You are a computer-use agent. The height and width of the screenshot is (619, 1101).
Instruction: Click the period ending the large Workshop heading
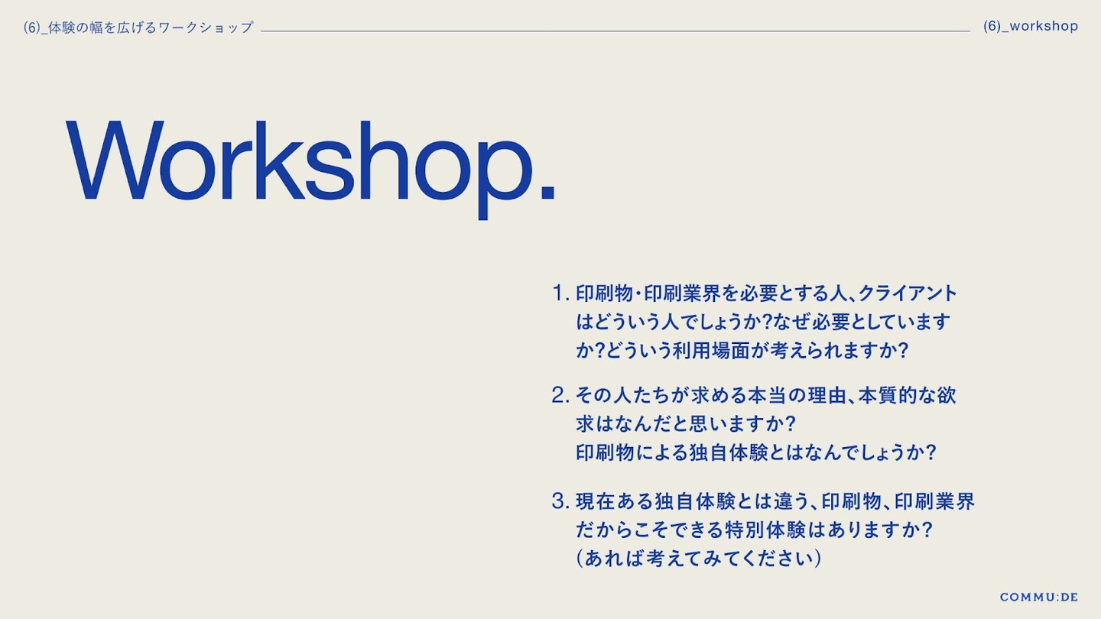tap(547, 192)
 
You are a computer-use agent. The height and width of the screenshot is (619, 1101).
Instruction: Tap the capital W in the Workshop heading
tap(115, 160)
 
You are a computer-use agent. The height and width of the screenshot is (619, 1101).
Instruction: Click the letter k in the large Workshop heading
tap(278, 160)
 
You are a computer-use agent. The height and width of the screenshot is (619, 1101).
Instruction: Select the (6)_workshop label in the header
tap(1031, 26)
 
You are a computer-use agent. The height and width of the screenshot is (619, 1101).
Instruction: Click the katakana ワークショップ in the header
tap(206, 28)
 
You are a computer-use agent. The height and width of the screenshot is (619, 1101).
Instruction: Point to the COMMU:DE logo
tap(1039, 597)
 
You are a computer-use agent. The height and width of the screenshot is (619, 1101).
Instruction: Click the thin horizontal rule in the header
tap(615, 31)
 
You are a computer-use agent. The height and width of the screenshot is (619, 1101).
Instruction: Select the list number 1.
tap(560, 293)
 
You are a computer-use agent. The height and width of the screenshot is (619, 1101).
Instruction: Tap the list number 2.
tap(560, 395)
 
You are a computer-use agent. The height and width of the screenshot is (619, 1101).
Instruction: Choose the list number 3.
tap(560, 501)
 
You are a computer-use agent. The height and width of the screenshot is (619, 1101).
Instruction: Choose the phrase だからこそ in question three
tap(624, 530)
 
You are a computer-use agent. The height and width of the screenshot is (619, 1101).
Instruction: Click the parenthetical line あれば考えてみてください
tap(699, 559)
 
